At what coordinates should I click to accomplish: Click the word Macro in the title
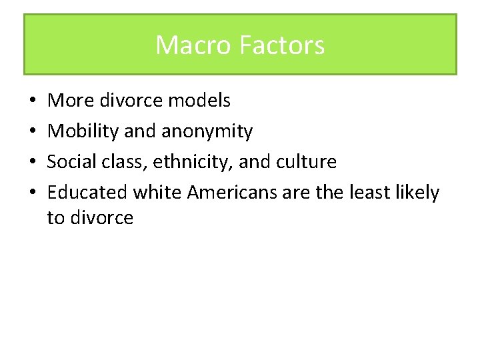(x=187, y=45)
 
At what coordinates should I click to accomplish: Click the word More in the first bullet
(x=70, y=101)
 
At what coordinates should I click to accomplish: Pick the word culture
(x=304, y=162)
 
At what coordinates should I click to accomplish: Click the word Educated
(x=87, y=193)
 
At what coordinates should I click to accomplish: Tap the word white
(x=157, y=193)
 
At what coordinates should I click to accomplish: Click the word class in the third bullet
(x=125, y=162)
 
